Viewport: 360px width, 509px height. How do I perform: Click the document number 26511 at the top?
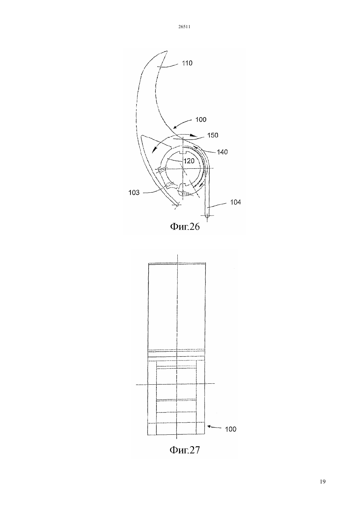(184, 27)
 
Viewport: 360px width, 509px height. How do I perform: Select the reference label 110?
(187, 63)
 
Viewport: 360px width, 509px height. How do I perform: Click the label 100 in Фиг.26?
(201, 119)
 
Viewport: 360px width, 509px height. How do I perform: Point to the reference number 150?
(213, 135)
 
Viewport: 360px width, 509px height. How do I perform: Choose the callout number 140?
(222, 152)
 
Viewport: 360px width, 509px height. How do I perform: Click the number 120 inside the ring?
(189, 161)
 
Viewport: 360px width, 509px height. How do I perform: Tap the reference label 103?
(134, 193)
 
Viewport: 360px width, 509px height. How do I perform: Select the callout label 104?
(235, 202)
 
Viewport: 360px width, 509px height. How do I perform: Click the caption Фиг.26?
(185, 227)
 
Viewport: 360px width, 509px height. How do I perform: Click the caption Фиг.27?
(185, 450)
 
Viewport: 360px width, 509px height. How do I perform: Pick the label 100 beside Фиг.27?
(231, 429)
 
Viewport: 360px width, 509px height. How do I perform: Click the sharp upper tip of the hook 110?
(167, 51)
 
